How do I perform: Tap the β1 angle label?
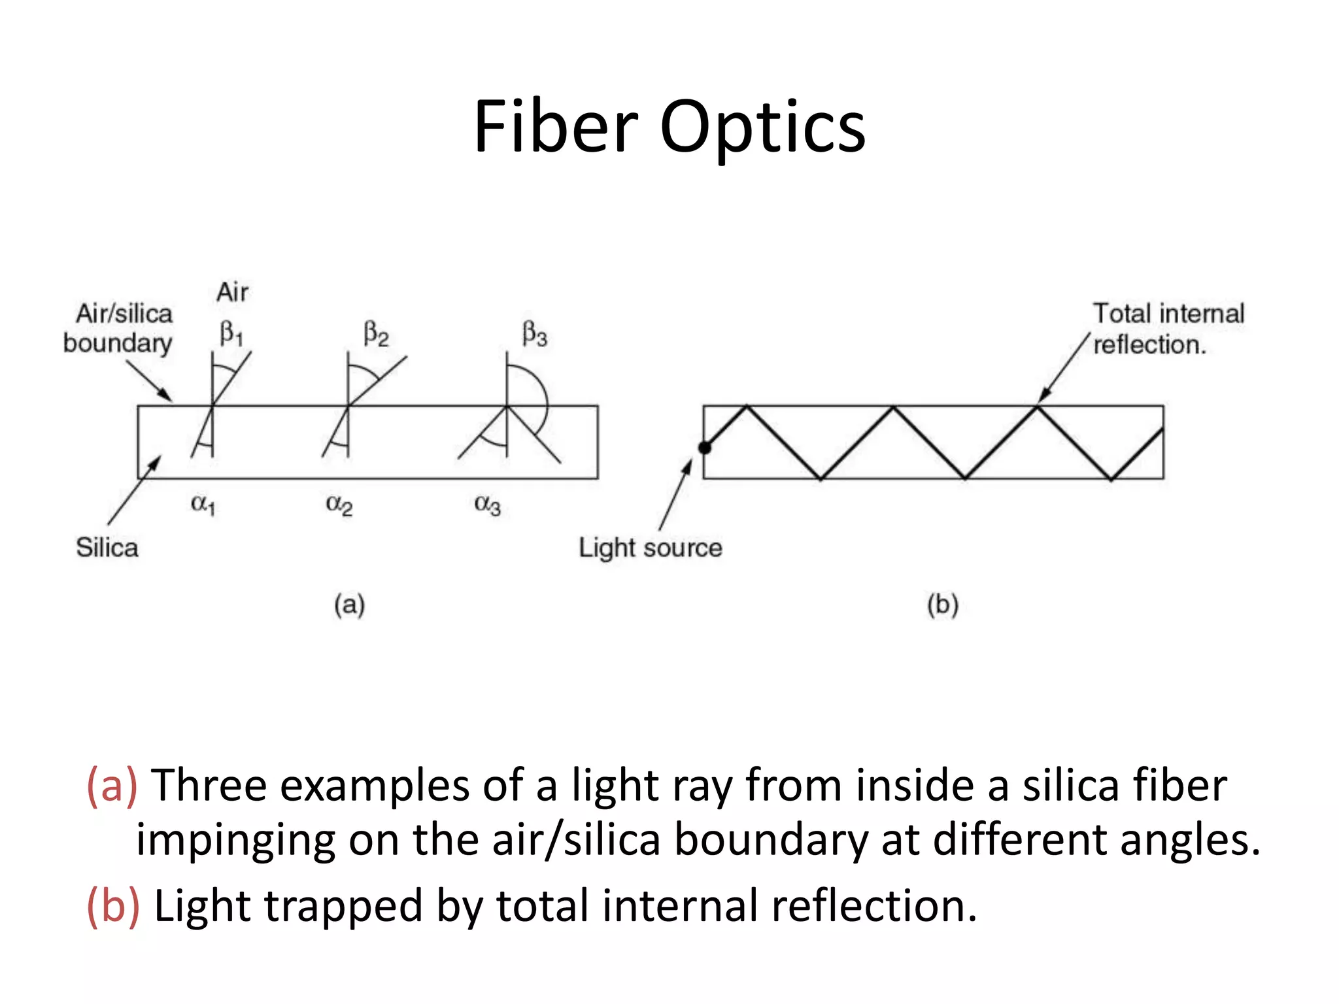point(231,333)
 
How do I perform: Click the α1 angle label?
point(203,504)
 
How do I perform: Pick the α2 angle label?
point(339,505)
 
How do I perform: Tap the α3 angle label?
point(487,505)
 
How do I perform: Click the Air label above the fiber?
point(232,292)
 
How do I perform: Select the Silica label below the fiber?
point(107,548)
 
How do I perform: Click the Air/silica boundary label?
point(119,328)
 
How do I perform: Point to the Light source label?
point(650,548)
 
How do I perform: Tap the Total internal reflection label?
point(1168,329)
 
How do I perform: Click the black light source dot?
point(705,448)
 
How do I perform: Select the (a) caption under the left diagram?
point(349,605)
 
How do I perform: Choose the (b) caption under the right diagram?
point(942,605)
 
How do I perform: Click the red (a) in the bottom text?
point(112,785)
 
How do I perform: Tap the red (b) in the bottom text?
point(113,906)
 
